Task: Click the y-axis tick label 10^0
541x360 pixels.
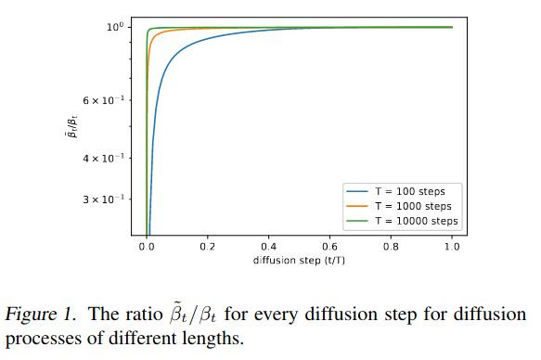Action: click(112, 26)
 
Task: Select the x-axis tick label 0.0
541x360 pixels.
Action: click(147, 249)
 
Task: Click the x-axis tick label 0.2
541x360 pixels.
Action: click(208, 249)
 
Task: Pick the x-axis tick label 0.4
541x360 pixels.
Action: click(269, 249)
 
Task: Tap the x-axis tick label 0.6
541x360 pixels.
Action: click(330, 249)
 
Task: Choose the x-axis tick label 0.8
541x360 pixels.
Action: click(391, 249)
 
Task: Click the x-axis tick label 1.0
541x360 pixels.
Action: click(452, 249)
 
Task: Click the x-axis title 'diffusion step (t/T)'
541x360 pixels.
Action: click(299, 261)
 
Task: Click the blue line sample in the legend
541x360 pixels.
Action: click(360, 189)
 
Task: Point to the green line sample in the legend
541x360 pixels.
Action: click(360, 219)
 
